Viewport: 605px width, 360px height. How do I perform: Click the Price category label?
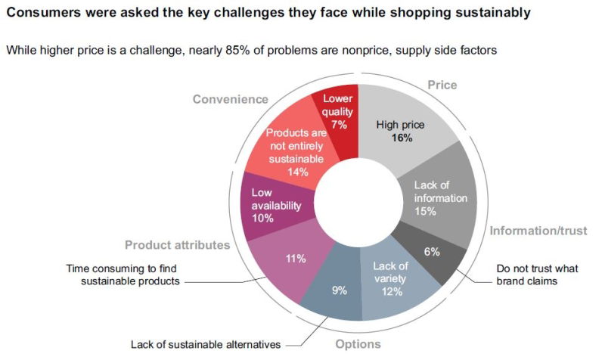[442, 85]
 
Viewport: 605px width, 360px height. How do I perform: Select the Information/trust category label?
[536, 231]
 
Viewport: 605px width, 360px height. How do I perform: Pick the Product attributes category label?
[177, 244]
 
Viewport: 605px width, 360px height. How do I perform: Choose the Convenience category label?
[231, 99]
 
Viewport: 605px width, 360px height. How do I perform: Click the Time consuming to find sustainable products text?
[124, 274]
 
